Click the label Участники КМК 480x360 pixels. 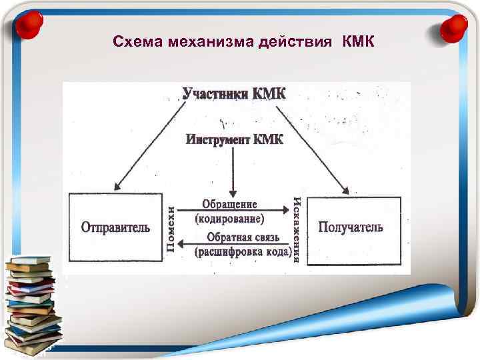pos(234,93)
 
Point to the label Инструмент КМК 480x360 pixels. pos(234,139)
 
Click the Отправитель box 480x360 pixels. pos(115,227)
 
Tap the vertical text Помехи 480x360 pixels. pos(171,229)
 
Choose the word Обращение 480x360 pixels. pos(229,204)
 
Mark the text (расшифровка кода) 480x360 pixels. pos(242,251)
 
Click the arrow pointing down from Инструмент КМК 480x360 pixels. pos(233,170)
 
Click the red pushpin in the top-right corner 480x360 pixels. pos(454,27)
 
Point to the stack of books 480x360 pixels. pos(32,303)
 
